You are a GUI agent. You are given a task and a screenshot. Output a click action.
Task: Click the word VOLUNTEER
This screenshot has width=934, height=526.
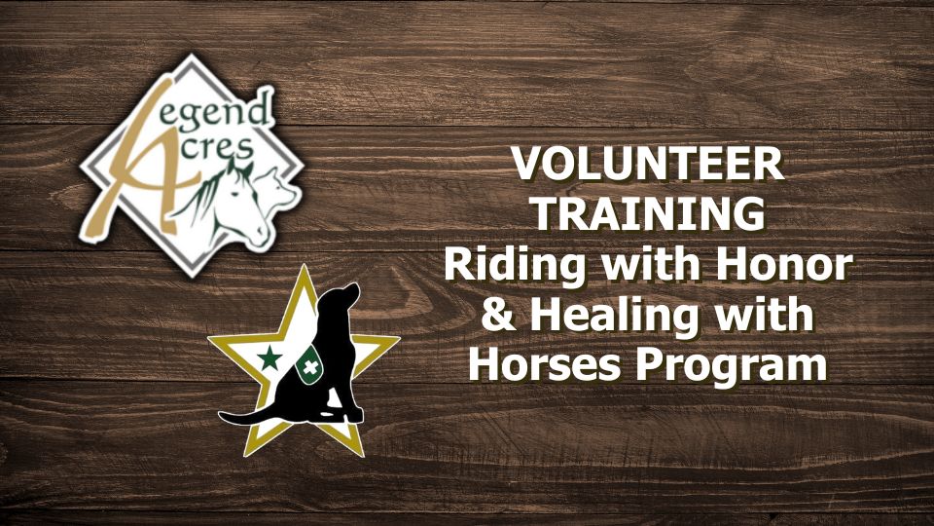(x=648, y=164)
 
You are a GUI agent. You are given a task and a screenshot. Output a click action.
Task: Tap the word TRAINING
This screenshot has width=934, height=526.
(x=649, y=213)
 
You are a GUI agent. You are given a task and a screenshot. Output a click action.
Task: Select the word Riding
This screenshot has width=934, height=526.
(x=515, y=267)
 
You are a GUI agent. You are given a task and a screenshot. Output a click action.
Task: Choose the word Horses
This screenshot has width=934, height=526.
(x=545, y=364)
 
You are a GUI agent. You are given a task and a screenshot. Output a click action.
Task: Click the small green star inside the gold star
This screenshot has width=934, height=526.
(x=269, y=358)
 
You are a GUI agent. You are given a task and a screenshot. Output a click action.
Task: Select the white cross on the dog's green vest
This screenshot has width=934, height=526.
(x=309, y=367)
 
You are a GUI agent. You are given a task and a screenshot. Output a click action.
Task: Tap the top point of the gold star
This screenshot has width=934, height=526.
(x=305, y=267)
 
